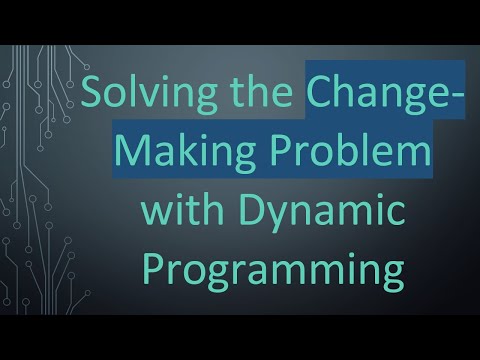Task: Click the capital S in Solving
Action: pyautogui.click(x=94, y=98)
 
